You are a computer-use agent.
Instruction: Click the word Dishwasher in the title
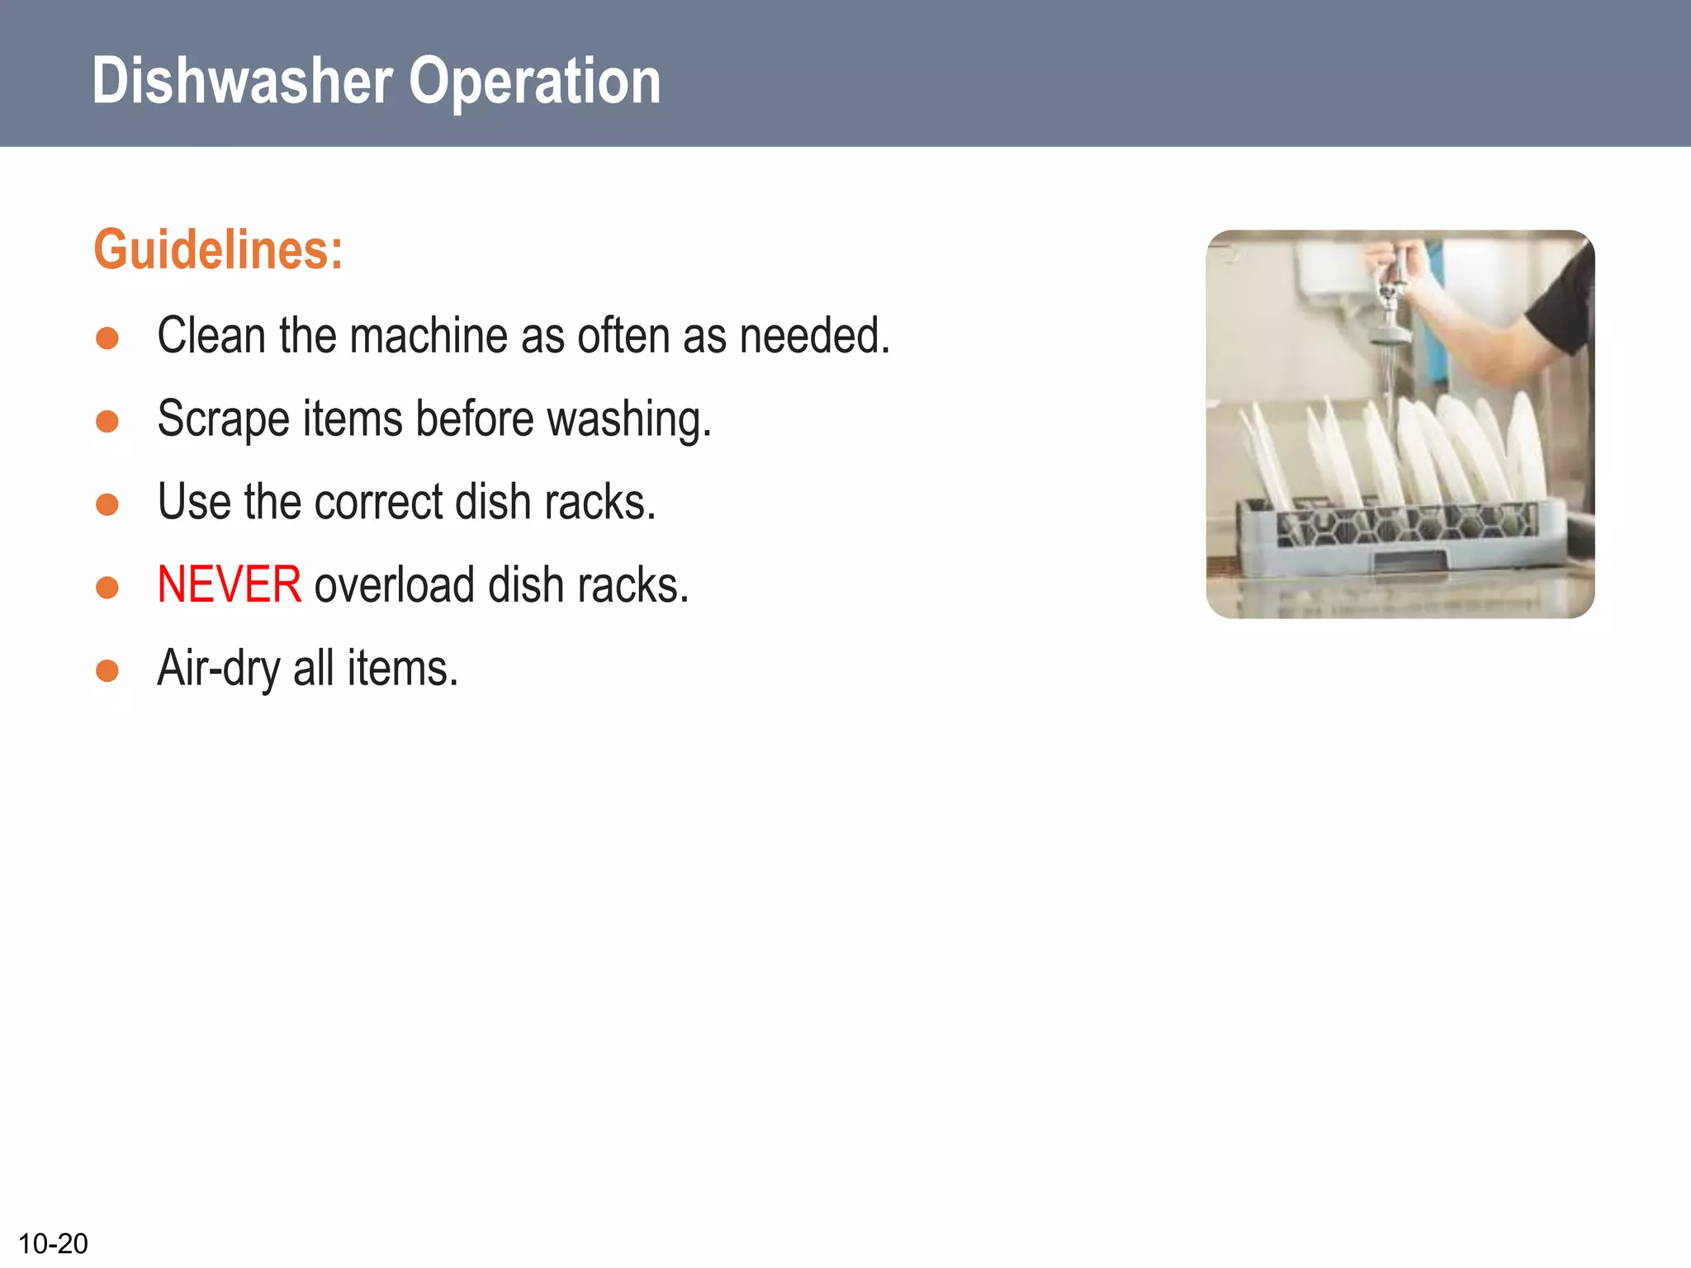(x=241, y=82)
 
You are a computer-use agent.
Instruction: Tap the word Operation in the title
(x=534, y=82)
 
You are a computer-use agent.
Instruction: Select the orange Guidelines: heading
(x=218, y=249)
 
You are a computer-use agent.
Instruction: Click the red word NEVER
(x=229, y=584)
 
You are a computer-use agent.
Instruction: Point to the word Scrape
(x=222, y=419)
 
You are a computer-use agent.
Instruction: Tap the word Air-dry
(x=218, y=668)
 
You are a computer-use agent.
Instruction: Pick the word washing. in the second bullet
(x=628, y=419)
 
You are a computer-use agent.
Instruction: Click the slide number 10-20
(x=53, y=1243)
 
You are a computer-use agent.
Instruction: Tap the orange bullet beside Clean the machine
(x=107, y=338)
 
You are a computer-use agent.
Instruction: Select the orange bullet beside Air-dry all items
(x=107, y=670)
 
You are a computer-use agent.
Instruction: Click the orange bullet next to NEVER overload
(x=107, y=587)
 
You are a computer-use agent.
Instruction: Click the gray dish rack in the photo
(x=1404, y=537)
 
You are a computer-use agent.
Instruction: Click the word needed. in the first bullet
(x=814, y=336)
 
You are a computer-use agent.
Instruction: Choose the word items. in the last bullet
(x=402, y=668)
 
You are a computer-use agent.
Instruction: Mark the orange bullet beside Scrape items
(x=107, y=422)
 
